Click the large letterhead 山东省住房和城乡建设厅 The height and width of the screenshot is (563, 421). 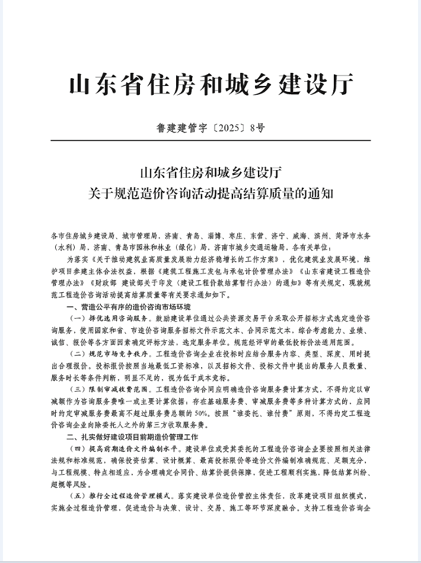(210, 84)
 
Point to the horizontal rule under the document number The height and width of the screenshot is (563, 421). (210, 140)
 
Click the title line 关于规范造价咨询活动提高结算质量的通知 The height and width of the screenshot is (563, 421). (210, 193)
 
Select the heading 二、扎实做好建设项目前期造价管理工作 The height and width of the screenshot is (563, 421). (134, 436)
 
